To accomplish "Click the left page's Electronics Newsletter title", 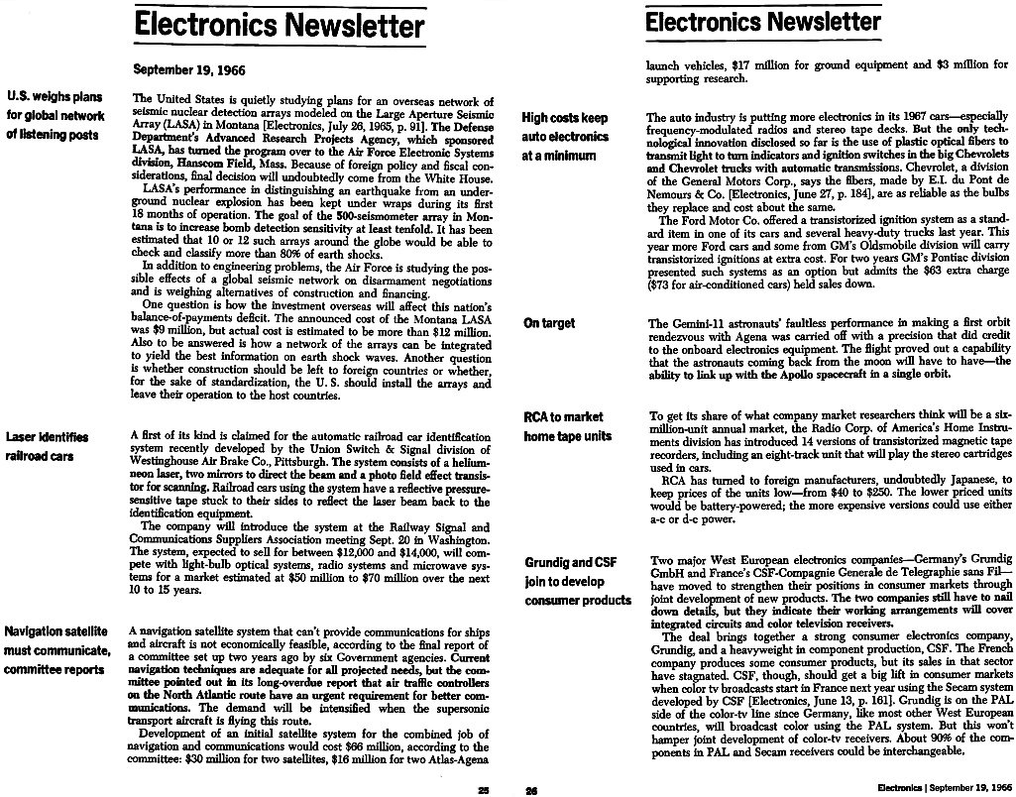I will click(x=280, y=24).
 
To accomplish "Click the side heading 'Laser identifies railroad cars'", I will click(x=47, y=446).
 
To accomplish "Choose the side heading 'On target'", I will click(x=548, y=323).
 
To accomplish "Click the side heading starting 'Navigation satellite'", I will click(x=56, y=649).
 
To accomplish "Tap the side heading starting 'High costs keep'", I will click(x=566, y=137).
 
